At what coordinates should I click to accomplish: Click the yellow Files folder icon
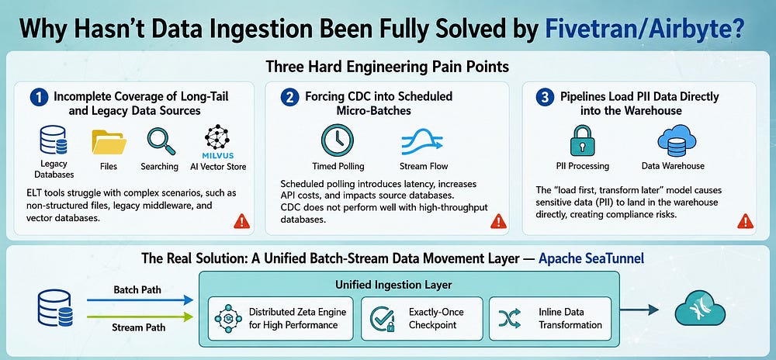[x=109, y=142]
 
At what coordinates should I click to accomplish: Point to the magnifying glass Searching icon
[x=161, y=141]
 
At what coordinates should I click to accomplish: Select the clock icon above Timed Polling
[x=337, y=140]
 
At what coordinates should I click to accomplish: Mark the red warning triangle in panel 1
[x=241, y=222]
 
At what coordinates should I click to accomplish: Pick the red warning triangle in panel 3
[x=745, y=222]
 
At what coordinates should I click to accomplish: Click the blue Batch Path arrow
[x=140, y=299]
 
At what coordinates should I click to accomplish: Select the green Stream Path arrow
[x=140, y=316]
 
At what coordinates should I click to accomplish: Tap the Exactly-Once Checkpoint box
[x=421, y=318]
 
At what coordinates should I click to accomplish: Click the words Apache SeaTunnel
[x=591, y=258]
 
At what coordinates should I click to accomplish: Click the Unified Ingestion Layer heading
[x=393, y=285]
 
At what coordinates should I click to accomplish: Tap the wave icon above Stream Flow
[x=421, y=141]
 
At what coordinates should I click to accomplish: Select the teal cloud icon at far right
[x=700, y=307]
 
